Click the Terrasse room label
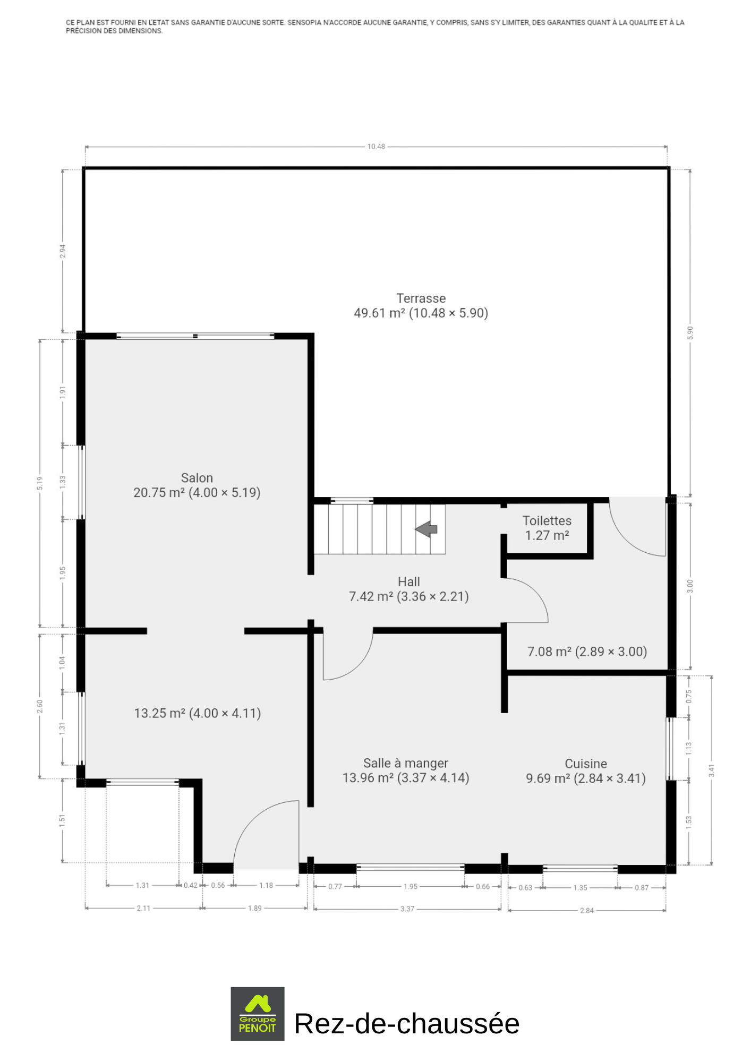coord(421,298)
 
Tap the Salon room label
coord(197,478)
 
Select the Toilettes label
coord(547,521)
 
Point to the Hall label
coord(409,582)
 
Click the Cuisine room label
coord(586,764)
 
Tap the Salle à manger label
coord(406,764)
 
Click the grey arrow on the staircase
coord(426,529)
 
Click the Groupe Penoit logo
coord(258,1014)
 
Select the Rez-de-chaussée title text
coord(407,1024)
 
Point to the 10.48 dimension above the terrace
coord(376,147)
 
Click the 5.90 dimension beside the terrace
coord(690,333)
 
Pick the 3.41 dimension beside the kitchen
coord(711,770)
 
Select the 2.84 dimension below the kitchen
coord(587,911)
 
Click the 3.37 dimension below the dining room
coord(407,909)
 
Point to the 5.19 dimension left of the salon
coord(40,483)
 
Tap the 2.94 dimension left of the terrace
coord(63,251)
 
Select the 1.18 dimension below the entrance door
coord(266,885)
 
